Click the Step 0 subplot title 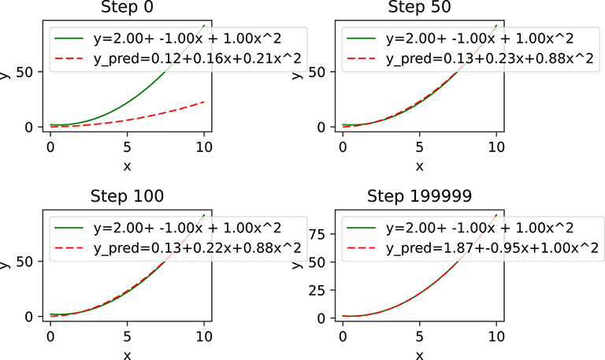click(x=128, y=9)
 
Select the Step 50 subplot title click(x=419, y=9)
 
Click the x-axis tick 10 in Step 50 click(x=496, y=147)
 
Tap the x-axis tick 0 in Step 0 click(x=50, y=147)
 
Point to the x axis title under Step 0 click(x=128, y=165)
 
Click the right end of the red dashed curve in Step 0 click(x=204, y=102)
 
